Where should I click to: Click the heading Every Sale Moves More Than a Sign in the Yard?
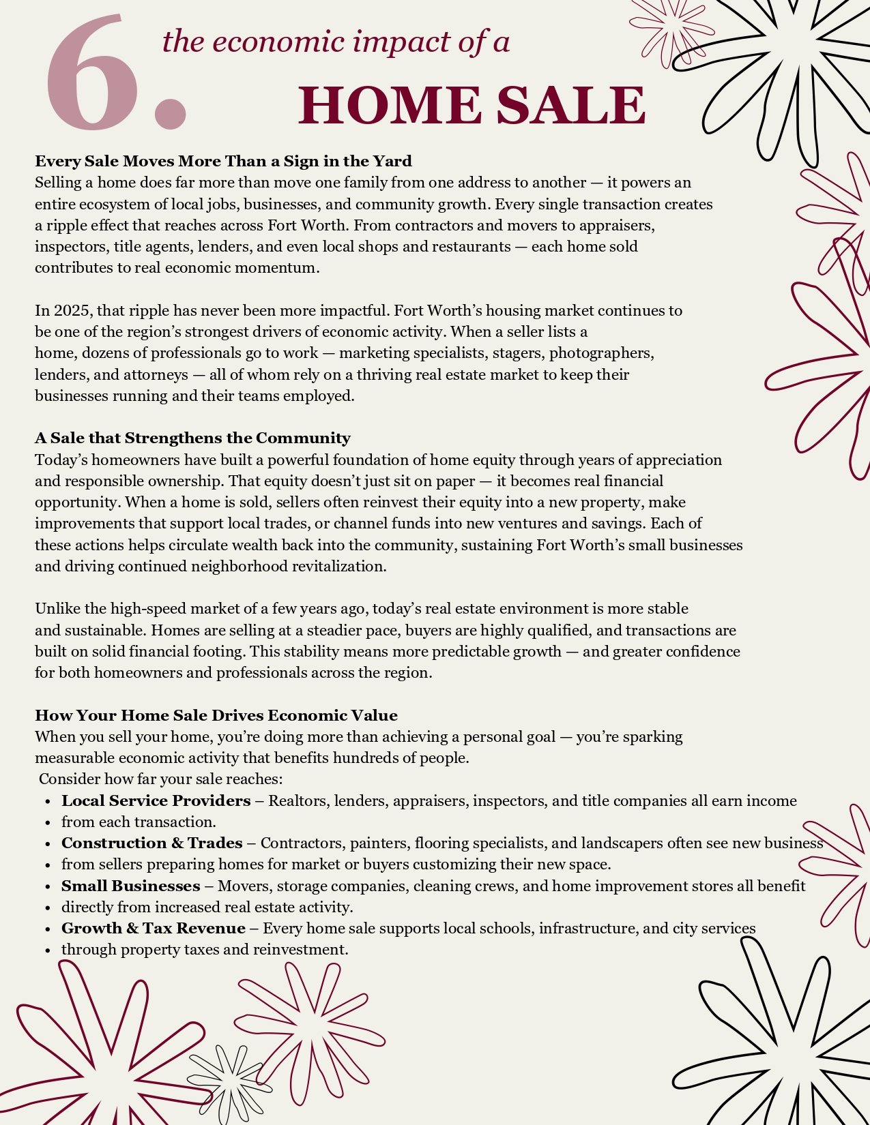coord(223,162)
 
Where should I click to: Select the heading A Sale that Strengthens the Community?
coord(192,438)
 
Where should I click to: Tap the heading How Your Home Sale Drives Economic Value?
coord(216,715)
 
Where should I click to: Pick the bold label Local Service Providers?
coord(156,800)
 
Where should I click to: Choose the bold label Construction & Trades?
coord(151,843)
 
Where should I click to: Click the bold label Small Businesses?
coord(130,886)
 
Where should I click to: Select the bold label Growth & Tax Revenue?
coord(153,929)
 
